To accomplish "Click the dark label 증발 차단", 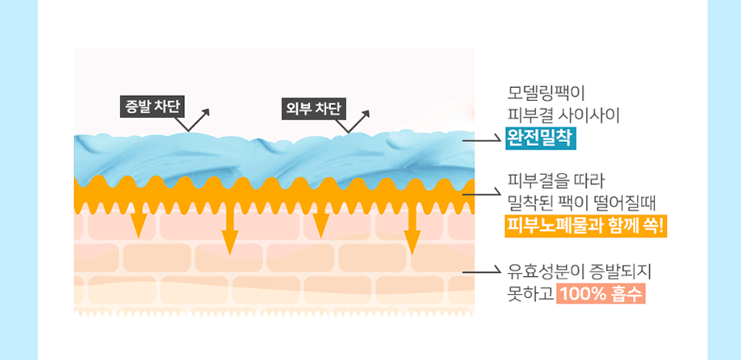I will (153, 107).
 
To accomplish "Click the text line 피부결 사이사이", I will (562, 114).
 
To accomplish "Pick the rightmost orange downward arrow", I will (412, 234).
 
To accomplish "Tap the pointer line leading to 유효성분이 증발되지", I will (483, 271).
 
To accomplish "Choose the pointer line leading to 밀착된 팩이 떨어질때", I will (483, 192).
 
